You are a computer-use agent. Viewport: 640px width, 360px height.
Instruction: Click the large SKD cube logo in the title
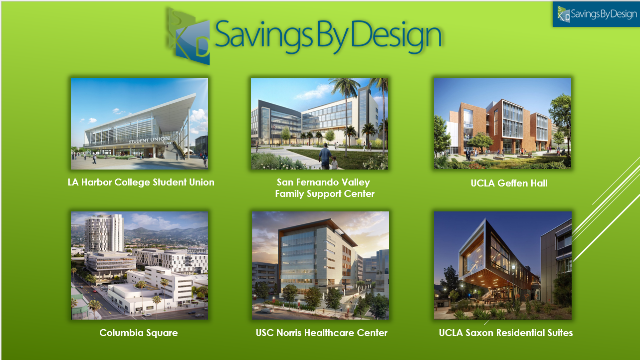click(188, 36)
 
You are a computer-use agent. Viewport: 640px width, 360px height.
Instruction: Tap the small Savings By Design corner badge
click(596, 14)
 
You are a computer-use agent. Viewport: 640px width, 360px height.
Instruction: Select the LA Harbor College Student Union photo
click(140, 124)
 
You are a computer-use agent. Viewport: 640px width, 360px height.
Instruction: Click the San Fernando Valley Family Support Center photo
click(319, 124)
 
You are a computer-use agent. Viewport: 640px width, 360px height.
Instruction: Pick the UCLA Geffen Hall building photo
click(502, 123)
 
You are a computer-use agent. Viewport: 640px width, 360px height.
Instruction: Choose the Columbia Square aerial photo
click(140, 265)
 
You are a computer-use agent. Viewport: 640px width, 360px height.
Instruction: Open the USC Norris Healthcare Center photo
click(320, 265)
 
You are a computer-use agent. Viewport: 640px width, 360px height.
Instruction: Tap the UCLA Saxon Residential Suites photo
click(503, 265)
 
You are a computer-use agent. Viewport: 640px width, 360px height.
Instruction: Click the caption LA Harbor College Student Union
click(141, 182)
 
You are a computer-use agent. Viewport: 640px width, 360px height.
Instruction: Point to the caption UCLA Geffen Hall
click(509, 183)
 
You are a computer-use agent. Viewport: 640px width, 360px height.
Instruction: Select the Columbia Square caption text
click(139, 333)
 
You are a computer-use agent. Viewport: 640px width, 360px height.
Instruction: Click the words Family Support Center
click(325, 194)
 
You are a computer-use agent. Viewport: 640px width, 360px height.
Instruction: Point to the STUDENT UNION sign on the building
click(149, 140)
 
